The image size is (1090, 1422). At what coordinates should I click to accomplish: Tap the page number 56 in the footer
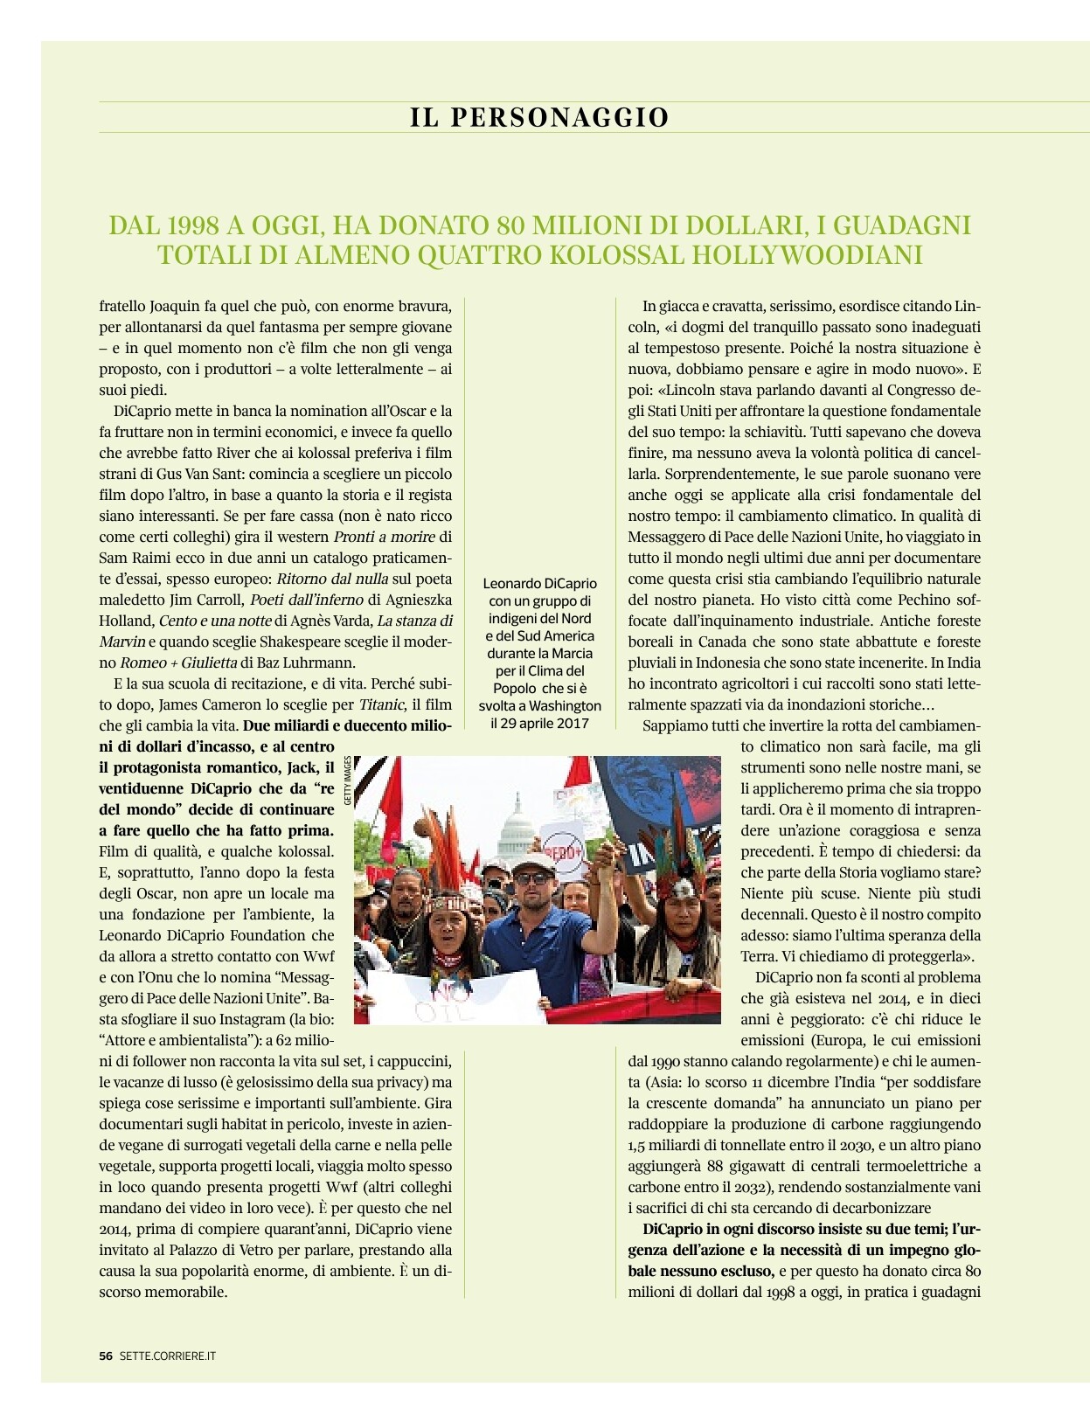coord(106,1356)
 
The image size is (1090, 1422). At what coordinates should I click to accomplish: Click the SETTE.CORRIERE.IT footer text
coord(168,1356)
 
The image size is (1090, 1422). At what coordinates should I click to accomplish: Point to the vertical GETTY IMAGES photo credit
coord(347,780)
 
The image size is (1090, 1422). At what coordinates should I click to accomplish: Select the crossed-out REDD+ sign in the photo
coord(562,849)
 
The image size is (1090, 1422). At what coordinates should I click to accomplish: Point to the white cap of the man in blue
coord(532,861)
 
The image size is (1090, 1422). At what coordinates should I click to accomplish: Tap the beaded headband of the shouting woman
coord(448,904)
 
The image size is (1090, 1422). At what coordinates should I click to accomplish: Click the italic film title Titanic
coord(382,704)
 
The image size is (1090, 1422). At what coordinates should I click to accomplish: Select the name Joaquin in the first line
coord(175,306)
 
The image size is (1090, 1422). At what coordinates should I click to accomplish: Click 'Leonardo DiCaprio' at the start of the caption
coord(540,583)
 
